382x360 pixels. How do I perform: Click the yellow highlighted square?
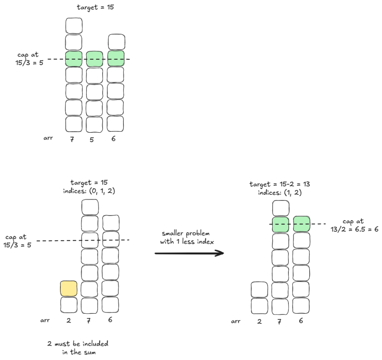coord(69,289)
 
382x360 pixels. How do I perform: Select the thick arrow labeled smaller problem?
coord(189,253)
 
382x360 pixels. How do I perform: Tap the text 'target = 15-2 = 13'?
coord(280,184)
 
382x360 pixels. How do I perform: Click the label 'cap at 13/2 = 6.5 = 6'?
coord(354,225)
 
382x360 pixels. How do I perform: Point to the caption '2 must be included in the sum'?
coord(78,348)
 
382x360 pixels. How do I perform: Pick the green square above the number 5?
coord(94,59)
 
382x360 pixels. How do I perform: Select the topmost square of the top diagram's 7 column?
coord(74,25)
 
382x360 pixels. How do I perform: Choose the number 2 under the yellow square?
coord(69,320)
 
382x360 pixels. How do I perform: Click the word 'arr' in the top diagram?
coord(48,138)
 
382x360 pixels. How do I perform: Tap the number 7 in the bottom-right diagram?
coord(280,321)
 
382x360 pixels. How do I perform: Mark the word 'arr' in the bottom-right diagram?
coord(235,321)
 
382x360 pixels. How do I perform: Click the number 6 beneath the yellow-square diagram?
coord(110,320)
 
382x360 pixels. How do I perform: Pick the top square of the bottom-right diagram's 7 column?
coord(281,208)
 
